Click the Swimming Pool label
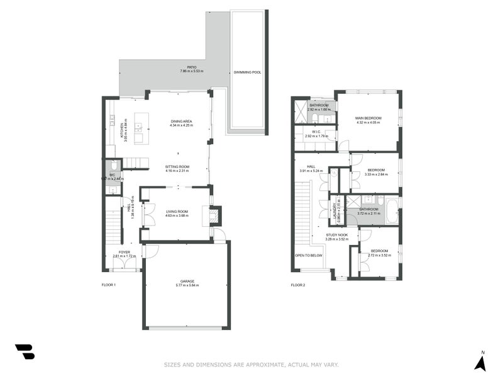pyautogui.click(x=247, y=72)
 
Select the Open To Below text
pyautogui.click(x=309, y=255)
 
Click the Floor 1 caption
pyautogui.click(x=109, y=285)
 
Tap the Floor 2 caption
pyautogui.click(x=297, y=285)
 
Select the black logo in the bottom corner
pyautogui.click(x=25, y=352)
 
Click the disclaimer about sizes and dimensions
pyautogui.click(x=251, y=364)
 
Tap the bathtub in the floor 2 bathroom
pyautogui.click(x=391, y=211)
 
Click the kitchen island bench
pyautogui.click(x=139, y=129)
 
